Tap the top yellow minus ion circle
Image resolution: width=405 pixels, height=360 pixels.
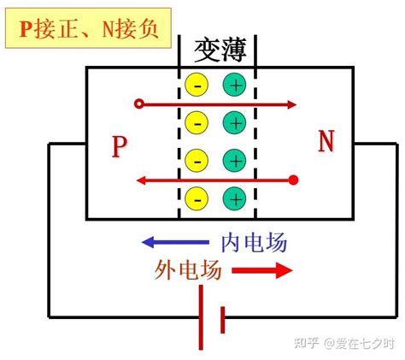click(197, 86)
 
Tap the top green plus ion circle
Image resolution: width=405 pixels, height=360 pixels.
click(235, 86)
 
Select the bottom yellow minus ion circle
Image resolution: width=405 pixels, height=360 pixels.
click(197, 199)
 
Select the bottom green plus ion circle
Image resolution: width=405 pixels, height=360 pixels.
click(235, 199)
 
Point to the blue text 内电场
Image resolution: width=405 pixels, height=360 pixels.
click(254, 242)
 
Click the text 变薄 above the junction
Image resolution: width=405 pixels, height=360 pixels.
click(220, 50)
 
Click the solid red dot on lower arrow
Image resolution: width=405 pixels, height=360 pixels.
click(295, 180)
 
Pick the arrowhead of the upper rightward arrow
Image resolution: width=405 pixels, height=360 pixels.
click(291, 105)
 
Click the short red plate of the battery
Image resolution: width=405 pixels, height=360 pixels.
click(222, 319)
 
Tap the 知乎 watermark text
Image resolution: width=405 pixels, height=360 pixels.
click(306, 343)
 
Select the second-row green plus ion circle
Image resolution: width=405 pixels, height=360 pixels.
click(235, 123)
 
